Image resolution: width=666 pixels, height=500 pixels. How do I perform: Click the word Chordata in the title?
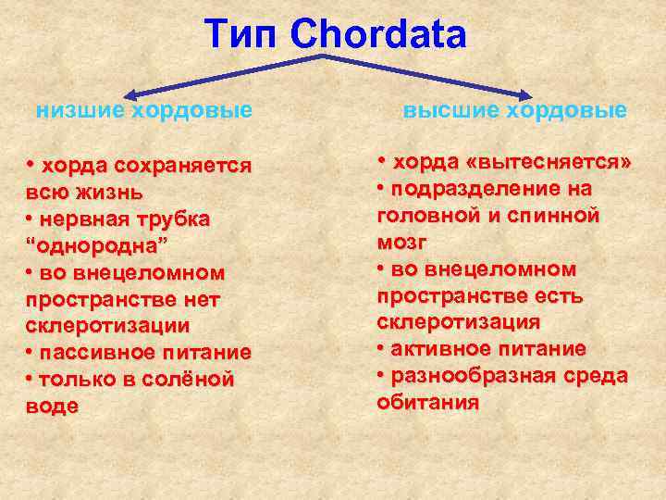377,34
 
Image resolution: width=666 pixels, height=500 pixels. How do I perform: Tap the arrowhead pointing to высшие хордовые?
526,94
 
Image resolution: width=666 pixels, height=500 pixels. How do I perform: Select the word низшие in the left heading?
80,111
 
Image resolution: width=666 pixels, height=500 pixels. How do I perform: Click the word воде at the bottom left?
53,406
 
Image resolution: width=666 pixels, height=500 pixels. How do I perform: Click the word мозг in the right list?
401,242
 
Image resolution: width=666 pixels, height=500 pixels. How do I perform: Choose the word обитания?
427,402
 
